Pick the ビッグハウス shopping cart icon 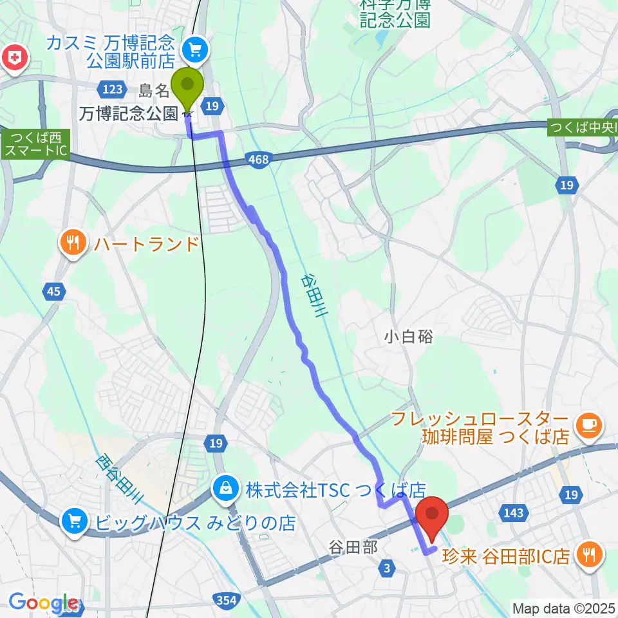75,521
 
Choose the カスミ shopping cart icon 192,48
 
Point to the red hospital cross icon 14,59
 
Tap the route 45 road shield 53,292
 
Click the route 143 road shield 513,512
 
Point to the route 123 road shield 113,88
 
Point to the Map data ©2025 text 563,607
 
